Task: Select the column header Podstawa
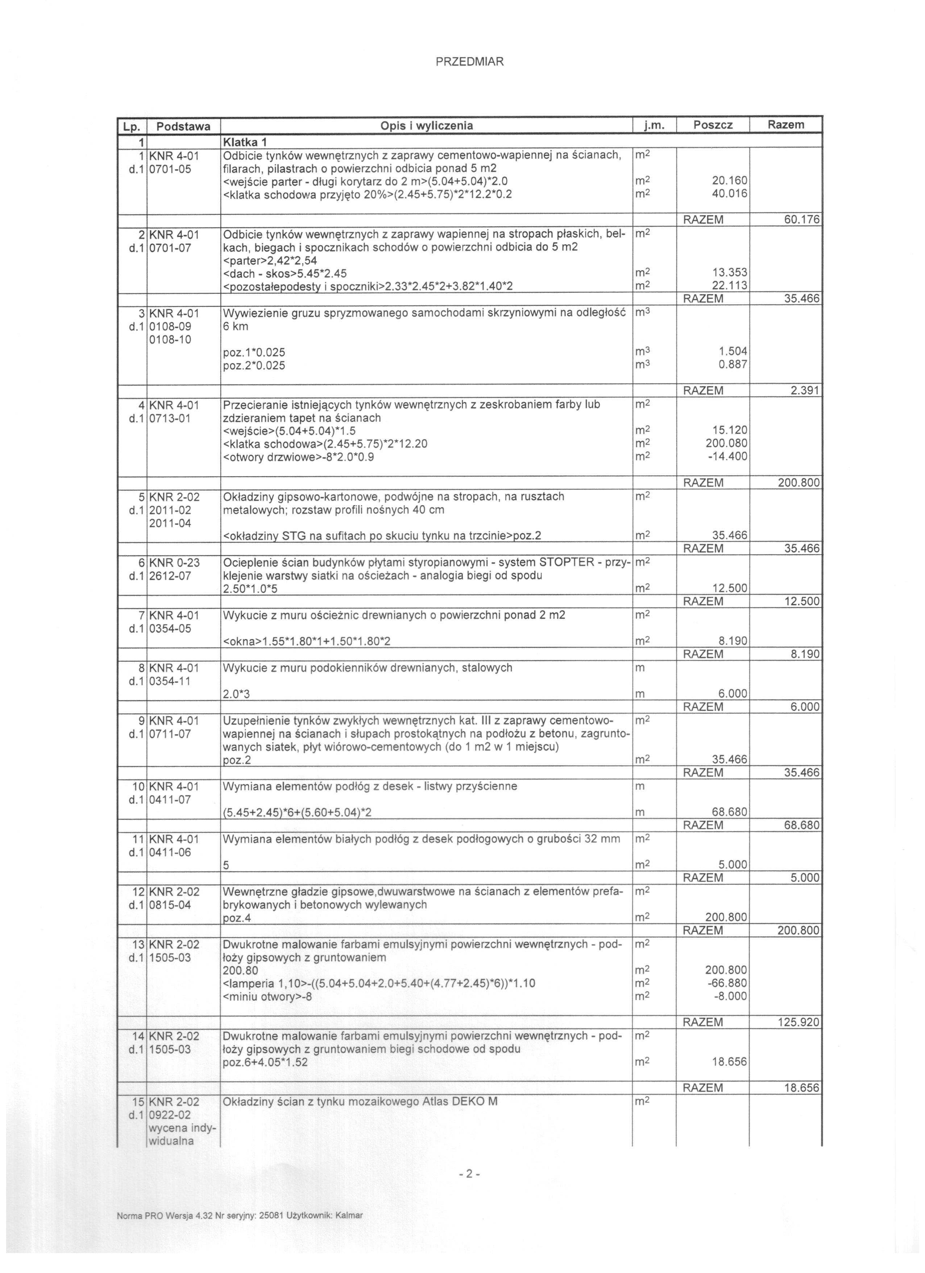pyautogui.click(x=183, y=126)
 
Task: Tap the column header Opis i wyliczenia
pyautogui.click(x=426, y=126)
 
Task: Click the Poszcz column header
pyautogui.click(x=713, y=125)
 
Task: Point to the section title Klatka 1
pyautogui.click(x=245, y=140)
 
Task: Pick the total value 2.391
pyautogui.click(x=805, y=391)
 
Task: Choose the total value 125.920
pyautogui.click(x=798, y=1022)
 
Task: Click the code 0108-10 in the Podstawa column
pyautogui.click(x=170, y=339)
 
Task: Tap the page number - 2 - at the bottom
pyautogui.click(x=469, y=1174)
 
